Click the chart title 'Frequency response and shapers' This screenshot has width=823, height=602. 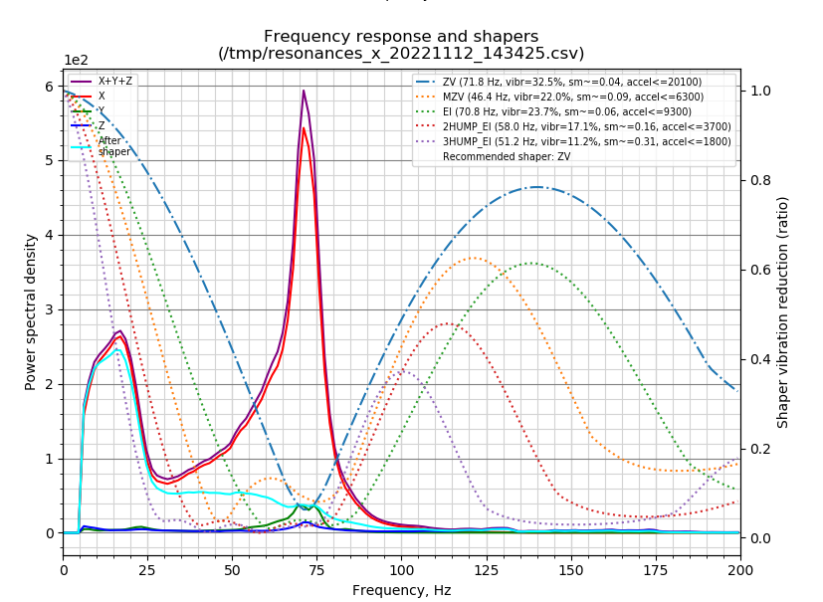coord(401,37)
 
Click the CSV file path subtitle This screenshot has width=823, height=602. coord(401,54)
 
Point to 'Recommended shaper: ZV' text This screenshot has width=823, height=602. coord(507,156)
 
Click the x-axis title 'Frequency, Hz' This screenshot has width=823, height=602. coord(401,590)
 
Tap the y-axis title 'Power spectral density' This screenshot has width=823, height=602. coord(32,311)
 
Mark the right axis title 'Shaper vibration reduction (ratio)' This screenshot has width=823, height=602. coord(783,311)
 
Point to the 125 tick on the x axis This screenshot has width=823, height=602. coord(487,570)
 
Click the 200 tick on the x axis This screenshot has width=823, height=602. coord(739,570)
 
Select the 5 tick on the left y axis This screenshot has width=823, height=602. coord(48,161)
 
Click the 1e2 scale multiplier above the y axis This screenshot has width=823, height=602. coord(76,60)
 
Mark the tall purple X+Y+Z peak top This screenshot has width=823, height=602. coord(304,91)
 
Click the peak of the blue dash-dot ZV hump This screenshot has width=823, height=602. coord(537,187)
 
